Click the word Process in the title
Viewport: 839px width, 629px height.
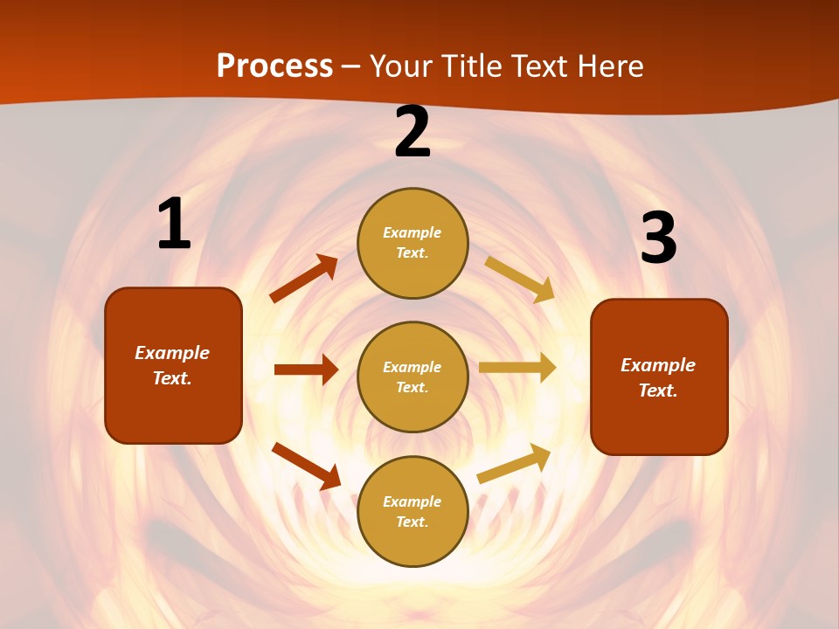pyautogui.click(x=274, y=66)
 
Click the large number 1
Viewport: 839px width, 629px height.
pyautogui.click(x=173, y=225)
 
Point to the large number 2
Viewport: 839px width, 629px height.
pyautogui.click(x=413, y=133)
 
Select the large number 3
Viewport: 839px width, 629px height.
pyautogui.click(x=658, y=238)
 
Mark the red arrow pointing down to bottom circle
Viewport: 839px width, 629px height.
pyautogui.click(x=306, y=466)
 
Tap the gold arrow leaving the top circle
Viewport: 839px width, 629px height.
pyautogui.click(x=520, y=279)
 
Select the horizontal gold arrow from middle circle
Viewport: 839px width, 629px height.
pyautogui.click(x=517, y=368)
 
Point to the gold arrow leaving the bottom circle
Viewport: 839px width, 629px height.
pyautogui.click(x=514, y=463)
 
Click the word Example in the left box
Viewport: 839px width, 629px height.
pyautogui.click(x=172, y=353)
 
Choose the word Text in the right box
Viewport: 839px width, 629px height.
pyautogui.click(x=657, y=391)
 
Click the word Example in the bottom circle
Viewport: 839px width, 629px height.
pyautogui.click(x=413, y=501)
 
